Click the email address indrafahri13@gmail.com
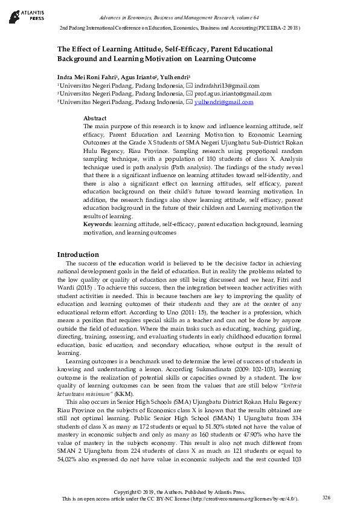click(227, 86)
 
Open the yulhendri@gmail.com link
click(223, 102)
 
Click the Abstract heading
click(94, 118)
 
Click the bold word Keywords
click(97, 224)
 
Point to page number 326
click(326, 497)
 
